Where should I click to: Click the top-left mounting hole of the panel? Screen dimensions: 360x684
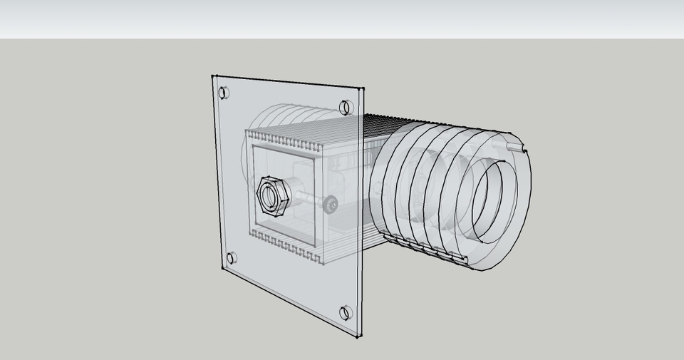pyautogui.click(x=224, y=93)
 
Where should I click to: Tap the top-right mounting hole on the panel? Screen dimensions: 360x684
pyautogui.click(x=346, y=108)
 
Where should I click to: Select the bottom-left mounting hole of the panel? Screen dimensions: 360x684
pyautogui.click(x=232, y=258)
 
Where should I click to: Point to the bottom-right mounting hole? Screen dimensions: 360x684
pyautogui.click(x=346, y=312)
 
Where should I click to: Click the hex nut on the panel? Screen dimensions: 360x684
pyautogui.click(x=271, y=195)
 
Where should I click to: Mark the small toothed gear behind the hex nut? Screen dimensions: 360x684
pyautogui.click(x=330, y=205)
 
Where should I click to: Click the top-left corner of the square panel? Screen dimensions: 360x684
pyautogui.click(x=212, y=76)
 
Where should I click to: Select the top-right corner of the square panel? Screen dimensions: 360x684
pyautogui.click(x=362, y=89)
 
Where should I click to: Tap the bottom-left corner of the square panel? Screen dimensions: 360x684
pyautogui.click(x=222, y=269)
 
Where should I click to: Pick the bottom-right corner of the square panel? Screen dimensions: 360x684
pyautogui.click(x=358, y=336)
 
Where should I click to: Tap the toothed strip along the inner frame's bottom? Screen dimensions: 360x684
pyautogui.click(x=285, y=246)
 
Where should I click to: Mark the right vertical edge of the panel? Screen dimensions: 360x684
pyautogui.click(x=361, y=214)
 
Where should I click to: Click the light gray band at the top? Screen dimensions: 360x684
pyautogui.click(x=342, y=19)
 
